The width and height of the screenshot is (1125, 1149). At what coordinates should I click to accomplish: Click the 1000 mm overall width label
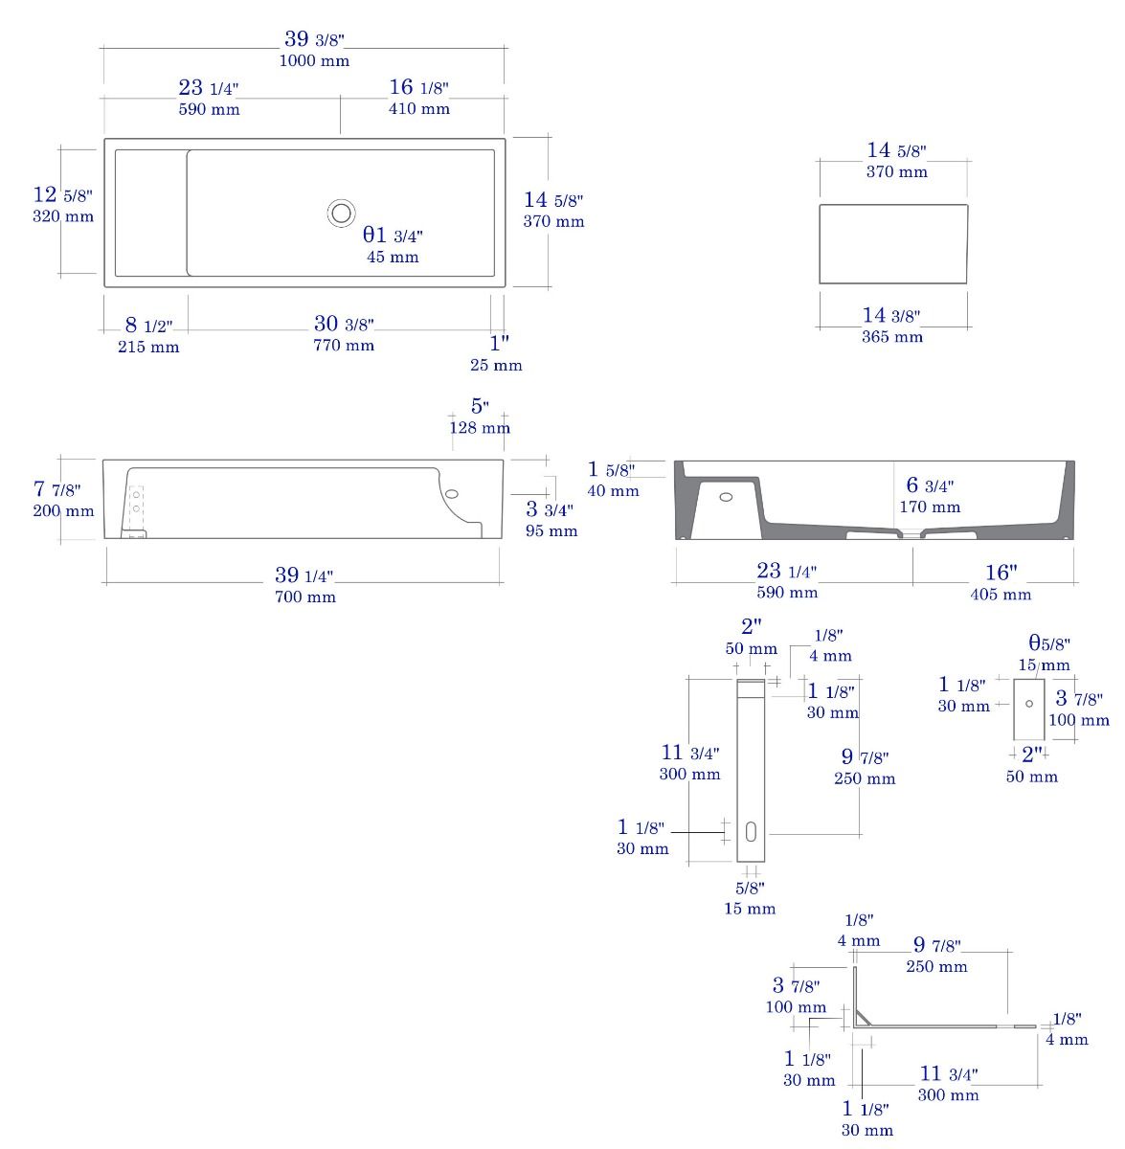point(314,61)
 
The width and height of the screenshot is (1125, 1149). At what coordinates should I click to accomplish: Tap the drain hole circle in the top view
point(341,213)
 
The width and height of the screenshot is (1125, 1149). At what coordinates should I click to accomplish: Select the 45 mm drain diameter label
point(393,257)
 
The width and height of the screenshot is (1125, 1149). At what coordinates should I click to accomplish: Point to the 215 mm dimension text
point(148,347)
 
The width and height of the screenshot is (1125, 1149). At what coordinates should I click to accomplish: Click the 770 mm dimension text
point(344,346)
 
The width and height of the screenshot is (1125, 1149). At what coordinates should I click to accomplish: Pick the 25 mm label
point(496,365)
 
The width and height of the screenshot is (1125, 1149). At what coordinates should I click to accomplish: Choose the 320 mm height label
point(63,216)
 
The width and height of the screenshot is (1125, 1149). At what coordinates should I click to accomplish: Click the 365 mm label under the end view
point(891,337)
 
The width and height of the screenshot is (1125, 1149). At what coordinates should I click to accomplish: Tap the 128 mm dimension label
point(480,427)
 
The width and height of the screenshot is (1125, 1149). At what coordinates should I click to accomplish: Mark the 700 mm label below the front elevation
point(305,597)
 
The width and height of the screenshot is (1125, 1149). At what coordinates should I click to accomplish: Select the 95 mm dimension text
point(551,530)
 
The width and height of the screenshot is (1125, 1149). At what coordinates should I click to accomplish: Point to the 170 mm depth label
point(930,507)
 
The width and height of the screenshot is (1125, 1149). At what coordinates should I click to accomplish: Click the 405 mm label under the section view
point(1001,595)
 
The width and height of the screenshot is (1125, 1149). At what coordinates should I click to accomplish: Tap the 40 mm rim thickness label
point(613,491)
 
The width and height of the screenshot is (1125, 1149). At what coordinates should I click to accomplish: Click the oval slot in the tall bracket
point(751,832)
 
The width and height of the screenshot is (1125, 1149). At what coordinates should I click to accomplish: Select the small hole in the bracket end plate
point(1029,704)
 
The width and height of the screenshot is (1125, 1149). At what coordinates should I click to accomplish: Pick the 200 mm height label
point(63,511)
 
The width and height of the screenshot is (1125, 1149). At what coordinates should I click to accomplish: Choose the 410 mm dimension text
point(418,109)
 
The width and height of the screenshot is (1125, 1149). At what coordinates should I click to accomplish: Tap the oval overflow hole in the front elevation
point(452,494)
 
